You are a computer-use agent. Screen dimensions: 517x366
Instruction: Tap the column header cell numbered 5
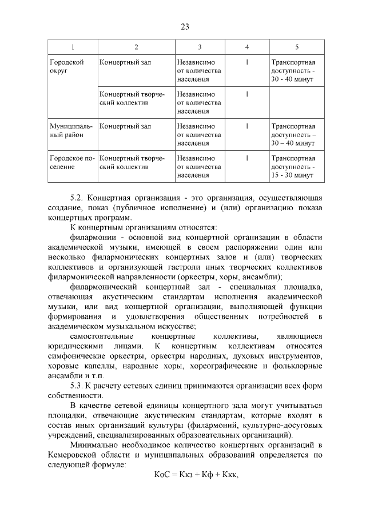(296, 46)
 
